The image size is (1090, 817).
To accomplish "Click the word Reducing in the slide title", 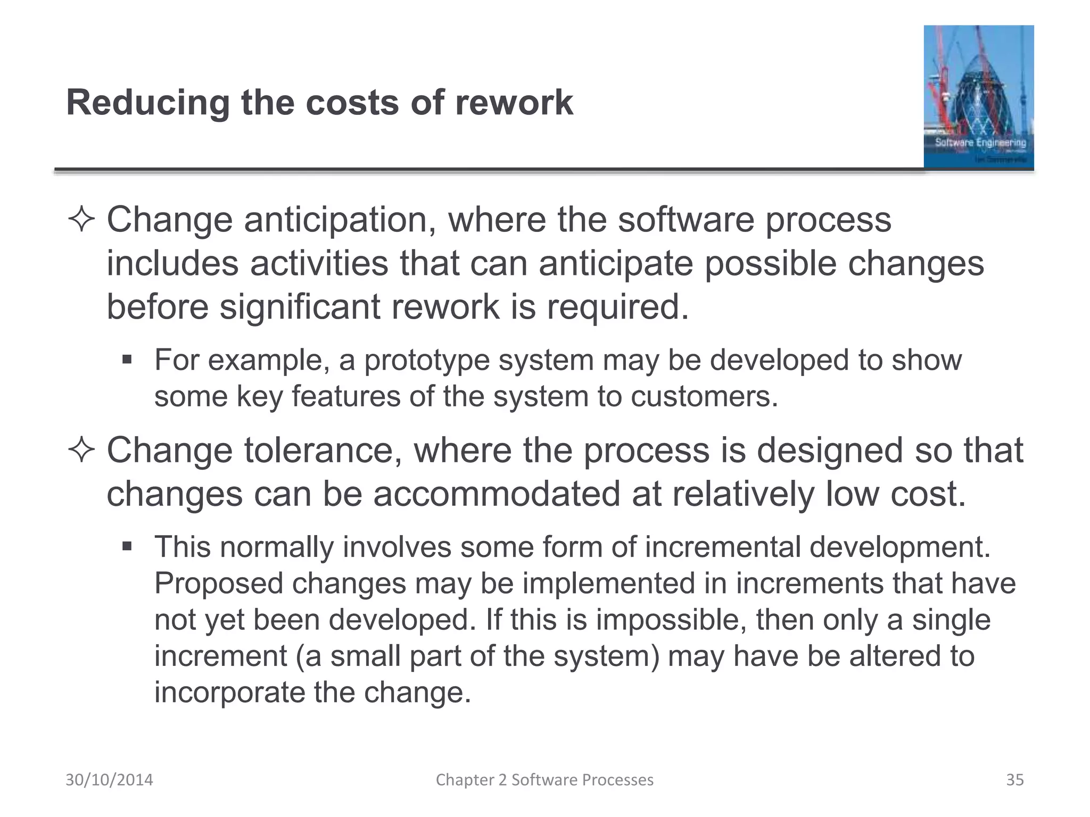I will point(148,103).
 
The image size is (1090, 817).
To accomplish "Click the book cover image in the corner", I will point(978,97).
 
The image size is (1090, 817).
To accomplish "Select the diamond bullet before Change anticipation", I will point(81,221).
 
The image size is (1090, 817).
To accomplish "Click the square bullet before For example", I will point(127,360).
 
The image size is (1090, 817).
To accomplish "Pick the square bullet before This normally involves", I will point(127,546).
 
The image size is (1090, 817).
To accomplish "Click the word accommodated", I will point(497,494).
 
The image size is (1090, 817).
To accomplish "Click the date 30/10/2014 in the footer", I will point(109,780).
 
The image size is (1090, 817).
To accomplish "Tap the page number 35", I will point(1014,780).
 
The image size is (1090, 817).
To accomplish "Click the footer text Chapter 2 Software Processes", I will point(544,780).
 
